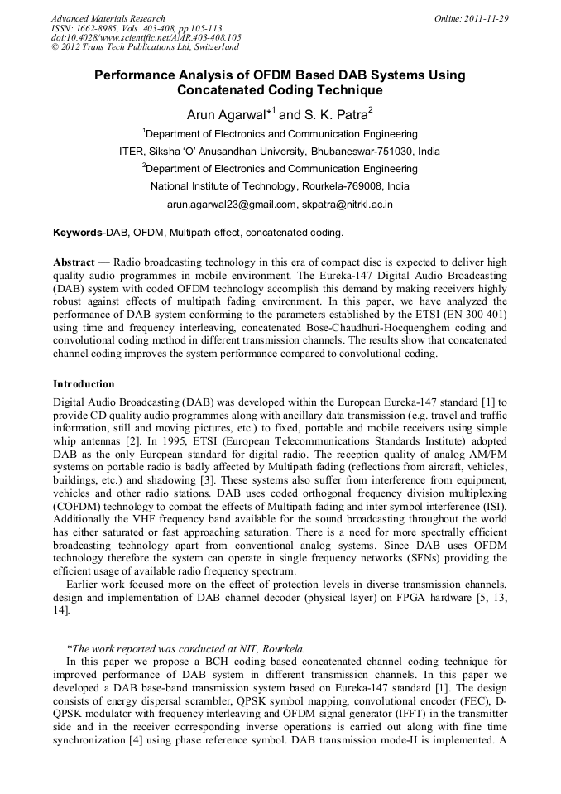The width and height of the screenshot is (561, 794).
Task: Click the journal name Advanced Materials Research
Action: [x=108, y=18]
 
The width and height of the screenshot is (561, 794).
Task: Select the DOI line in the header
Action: [x=146, y=37]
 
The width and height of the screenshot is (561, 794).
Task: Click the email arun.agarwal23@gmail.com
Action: [x=231, y=204]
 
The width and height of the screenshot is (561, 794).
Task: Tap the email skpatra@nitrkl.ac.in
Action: [x=347, y=204]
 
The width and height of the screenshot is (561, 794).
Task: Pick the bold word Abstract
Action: [x=73, y=262]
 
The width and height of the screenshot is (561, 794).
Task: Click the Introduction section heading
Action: [x=84, y=384]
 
